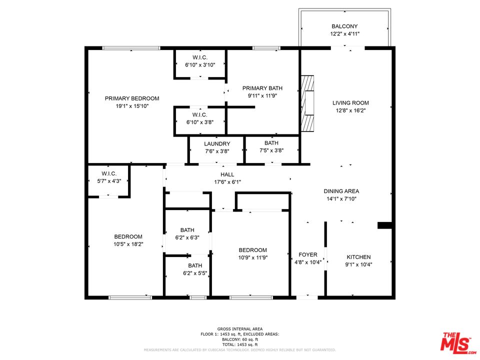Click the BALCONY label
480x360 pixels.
344,26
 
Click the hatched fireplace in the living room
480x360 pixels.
307,102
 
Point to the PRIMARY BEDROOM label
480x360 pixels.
132,98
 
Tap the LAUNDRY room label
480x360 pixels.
217,143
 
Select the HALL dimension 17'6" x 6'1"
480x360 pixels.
227,182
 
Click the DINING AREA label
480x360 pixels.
341,191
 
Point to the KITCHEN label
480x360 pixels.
358,257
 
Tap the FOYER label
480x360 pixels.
308,254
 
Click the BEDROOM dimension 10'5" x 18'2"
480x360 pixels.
128,244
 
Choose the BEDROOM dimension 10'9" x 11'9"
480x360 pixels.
252,257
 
